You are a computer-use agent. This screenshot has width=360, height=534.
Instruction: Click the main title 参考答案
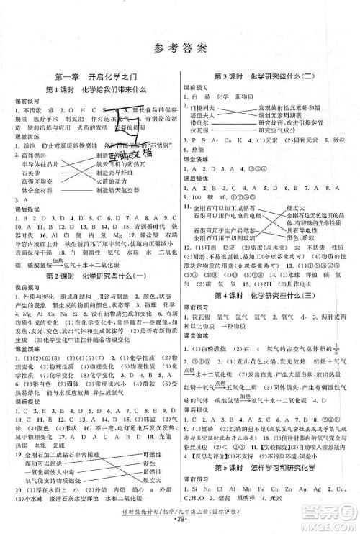(180, 49)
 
